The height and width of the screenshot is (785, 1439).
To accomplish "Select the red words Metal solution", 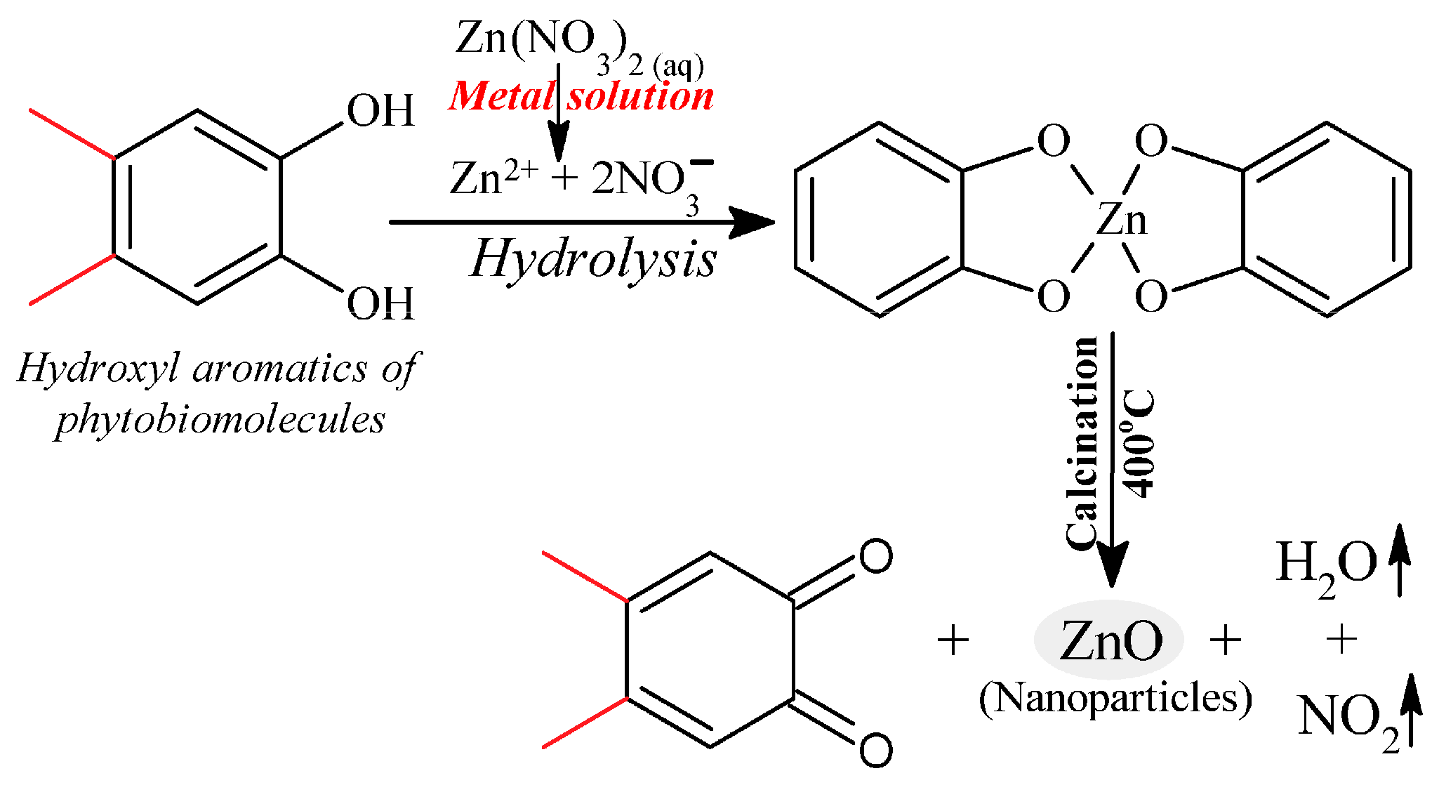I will click(x=581, y=97).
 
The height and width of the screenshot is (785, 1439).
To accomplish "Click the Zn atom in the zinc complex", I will click(x=1121, y=219).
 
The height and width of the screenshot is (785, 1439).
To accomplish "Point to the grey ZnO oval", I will click(x=1109, y=640).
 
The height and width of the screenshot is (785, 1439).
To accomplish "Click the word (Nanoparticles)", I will click(x=1115, y=699).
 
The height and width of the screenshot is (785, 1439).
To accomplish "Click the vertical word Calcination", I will click(x=1082, y=442).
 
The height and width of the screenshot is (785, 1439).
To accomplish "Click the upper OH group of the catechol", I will click(x=380, y=111).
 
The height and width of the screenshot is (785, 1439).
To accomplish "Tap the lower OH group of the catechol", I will click(x=380, y=303).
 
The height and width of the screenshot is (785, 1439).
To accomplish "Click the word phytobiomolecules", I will click(x=220, y=420).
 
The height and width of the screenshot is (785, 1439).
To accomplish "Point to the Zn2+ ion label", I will click(x=493, y=177).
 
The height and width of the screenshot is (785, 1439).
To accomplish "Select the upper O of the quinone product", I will click(x=875, y=557).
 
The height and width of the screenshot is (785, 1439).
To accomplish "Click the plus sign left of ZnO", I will click(x=953, y=640).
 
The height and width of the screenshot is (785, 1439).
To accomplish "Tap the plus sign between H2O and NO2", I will click(x=1341, y=640).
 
